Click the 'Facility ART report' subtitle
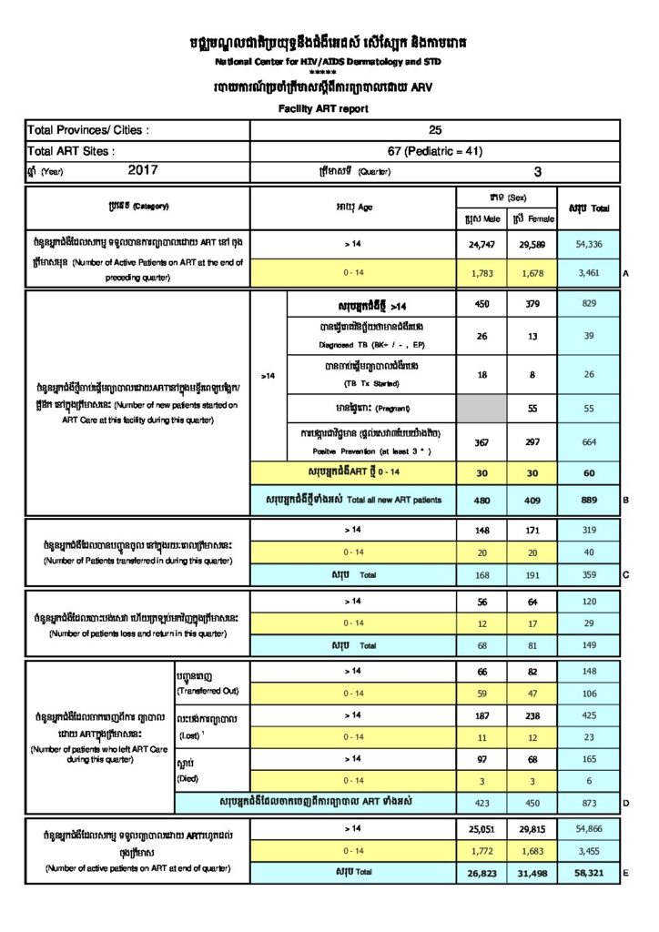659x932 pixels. point(323,108)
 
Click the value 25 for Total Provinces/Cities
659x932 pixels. point(435,130)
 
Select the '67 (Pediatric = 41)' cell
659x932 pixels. point(435,150)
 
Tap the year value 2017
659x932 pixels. point(143,169)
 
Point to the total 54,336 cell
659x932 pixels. point(588,245)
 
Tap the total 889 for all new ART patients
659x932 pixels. point(588,500)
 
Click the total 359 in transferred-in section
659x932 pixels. point(588,574)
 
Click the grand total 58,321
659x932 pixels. point(588,871)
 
